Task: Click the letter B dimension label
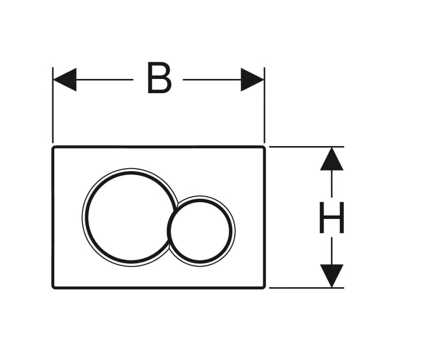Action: click(x=159, y=78)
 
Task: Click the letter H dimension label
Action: click(x=331, y=217)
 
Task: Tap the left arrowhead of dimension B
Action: click(x=65, y=79)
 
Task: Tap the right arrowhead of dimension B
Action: click(x=252, y=79)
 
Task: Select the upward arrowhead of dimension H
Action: click(x=331, y=159)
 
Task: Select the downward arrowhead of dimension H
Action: click(x=331, y=276)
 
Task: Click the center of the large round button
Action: click(x=131, y=217)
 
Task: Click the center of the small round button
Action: click(x=200, y=231)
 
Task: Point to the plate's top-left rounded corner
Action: click(x=54, y=148)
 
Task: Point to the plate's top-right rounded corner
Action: click(x=263, y=148)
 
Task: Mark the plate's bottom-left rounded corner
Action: click(x=54, y=287)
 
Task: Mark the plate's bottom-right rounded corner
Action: click(x=263, y=287)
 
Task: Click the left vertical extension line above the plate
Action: click(x=53, y=105)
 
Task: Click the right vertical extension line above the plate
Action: click(x=264, y=105)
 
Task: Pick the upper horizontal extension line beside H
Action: click(x=307, y=147)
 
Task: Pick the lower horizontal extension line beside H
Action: click(x=307, y=288)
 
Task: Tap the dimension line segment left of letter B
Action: click(x=105, y=79)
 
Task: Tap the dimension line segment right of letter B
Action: click(x=212, y=79)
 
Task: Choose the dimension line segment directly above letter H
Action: click(x=331, y=183)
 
